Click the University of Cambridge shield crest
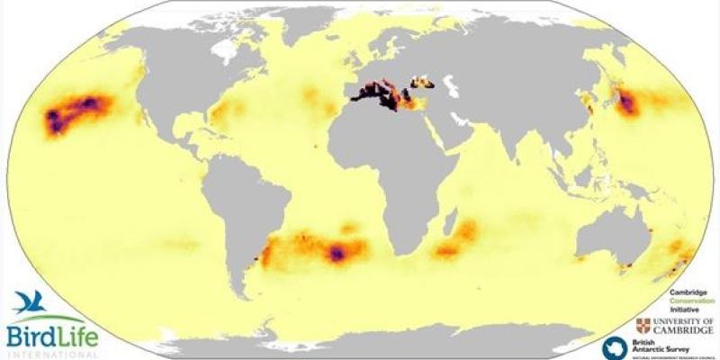[x=643, y=325]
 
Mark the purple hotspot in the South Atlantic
[x=337, y=254]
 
